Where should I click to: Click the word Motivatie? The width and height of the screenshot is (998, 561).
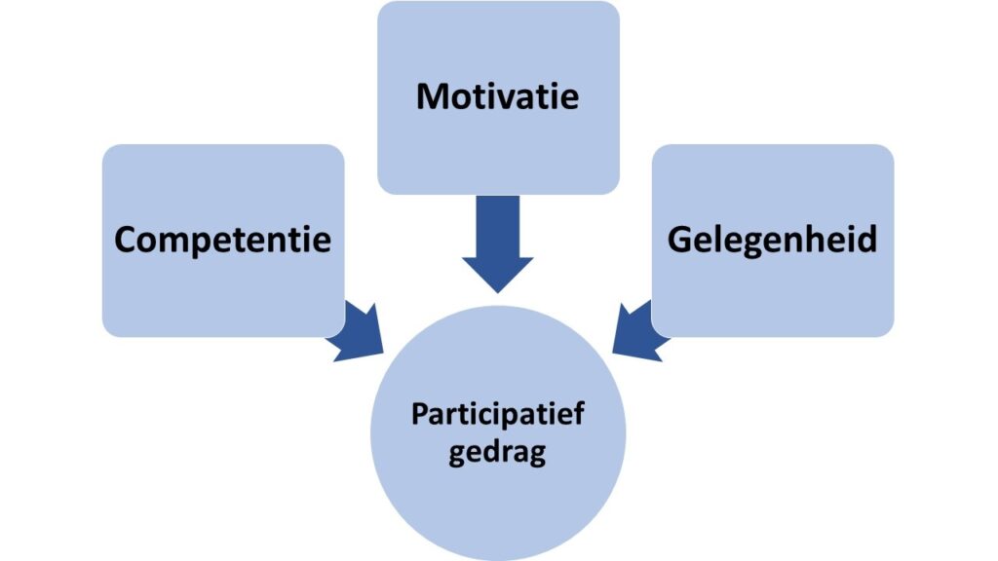coord(497,96)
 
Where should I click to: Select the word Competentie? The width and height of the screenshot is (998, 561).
coord(222,240)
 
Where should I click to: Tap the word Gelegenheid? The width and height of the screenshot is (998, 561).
coord(772,240)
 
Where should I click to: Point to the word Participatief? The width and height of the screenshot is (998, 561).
coord(497,416)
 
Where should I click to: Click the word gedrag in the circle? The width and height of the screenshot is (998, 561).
coord(497,454)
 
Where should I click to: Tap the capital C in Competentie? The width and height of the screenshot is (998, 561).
coord(125,240)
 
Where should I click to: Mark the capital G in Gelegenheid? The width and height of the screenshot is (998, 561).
coord(678,240)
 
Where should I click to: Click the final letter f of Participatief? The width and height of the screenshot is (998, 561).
coord(578,414)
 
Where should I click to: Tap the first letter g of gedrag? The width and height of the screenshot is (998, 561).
coord(456,456)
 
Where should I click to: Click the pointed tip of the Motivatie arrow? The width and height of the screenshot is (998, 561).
coord(497,287)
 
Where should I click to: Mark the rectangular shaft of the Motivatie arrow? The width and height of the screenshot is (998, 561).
coord(497,224)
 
